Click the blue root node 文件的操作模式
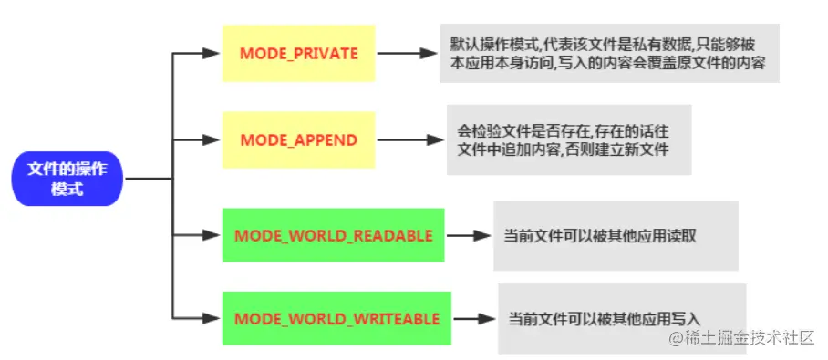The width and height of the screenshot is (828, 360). pos(67,179)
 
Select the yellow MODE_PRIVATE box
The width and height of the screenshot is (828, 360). pos(298,54)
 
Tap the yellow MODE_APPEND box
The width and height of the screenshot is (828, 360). pos(298,140)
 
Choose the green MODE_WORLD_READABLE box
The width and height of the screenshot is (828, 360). pos(333,235)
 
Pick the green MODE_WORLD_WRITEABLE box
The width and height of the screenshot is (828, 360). pos(336,319)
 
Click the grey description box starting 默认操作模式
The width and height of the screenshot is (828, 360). pos(609,54)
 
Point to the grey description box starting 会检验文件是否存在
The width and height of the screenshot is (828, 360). pos(567,140)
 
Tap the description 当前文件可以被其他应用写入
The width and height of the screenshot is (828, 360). pos(621,319)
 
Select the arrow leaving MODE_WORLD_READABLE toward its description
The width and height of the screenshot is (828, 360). pos(469,235)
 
